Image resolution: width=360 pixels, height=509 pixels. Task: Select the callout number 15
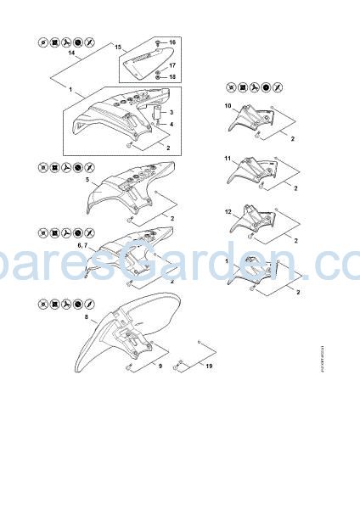click(x=118, y=45)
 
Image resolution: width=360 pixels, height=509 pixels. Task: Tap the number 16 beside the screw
click(x=172, y=42)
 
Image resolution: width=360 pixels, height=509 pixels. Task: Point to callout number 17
click(x=172, y=65)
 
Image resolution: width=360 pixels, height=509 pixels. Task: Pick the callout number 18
click(x=172, y=77)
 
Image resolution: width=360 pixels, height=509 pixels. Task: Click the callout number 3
click(x=172, y=112)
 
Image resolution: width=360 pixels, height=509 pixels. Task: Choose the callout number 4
click(x=172, y=125)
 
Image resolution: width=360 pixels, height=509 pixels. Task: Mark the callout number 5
click(x=87, y=180)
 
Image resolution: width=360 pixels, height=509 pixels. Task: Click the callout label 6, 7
click(x=83, y=244)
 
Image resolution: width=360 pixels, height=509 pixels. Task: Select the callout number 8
click(x=87, y=316)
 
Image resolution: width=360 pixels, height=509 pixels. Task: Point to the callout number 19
click(x=209, y=366)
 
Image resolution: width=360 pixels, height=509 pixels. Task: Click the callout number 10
click(x=228, y=105)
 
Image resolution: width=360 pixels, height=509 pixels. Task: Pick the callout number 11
click(x=228, y=159)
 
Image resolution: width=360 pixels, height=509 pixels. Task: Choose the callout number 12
click(x=228, y=210)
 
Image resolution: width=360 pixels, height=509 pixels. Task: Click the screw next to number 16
click(x=160, y=42)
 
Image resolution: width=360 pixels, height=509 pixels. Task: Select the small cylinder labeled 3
click(x=157, y=112)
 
